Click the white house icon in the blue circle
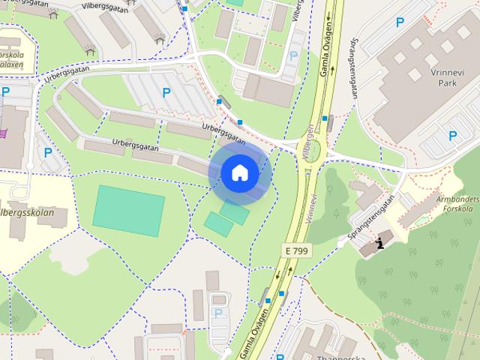click(239, 173)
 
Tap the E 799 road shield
click(296, 250)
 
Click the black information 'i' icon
click(382, 242)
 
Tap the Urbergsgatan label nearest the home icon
click(223, 133)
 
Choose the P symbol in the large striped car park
click(166, 92)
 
